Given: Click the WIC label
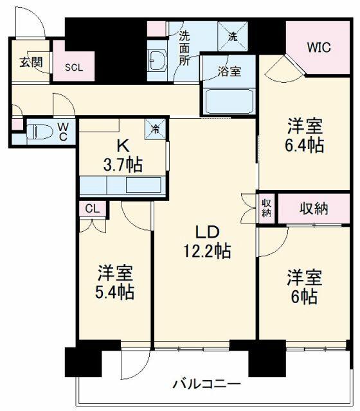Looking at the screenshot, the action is [x=319, y=47].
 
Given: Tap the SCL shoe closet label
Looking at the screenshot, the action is [x=74, y=67].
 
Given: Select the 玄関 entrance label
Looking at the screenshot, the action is [x=32, y=62].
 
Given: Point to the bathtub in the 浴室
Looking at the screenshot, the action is [x=229, y=101].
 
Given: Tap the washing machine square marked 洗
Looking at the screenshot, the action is [x=233, y=37].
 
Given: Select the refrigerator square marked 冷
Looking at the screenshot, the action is [x=156, y=128].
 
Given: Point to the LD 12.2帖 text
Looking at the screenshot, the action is [x=207, y=241].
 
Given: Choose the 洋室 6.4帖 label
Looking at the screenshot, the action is [x=304, y=135].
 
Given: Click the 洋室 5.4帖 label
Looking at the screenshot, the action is [x=114, y=282].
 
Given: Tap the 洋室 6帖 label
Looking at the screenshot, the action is [x=304, y=286].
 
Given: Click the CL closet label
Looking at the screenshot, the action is [x=93, y=209].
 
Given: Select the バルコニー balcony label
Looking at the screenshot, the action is [x=206, y=384].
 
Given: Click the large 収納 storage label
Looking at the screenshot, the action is [x=314, y=209].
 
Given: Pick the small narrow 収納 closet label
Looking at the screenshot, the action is [x=266, y=209].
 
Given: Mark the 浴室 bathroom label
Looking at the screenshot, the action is [x=230, y=71].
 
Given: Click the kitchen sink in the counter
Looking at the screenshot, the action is [x=143, y=185].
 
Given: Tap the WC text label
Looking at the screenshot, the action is [x=63, y=132].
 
